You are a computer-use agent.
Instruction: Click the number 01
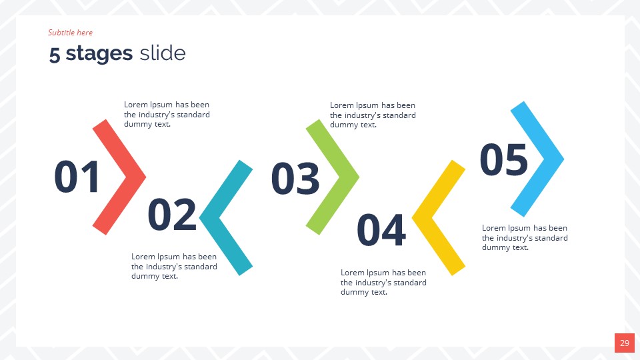coord(77,177)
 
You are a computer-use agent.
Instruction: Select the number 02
coord(172,215)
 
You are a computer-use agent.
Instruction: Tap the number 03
coord(295,179)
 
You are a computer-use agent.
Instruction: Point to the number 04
coord(381,230)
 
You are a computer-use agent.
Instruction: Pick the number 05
coord(504,161)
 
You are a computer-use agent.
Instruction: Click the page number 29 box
coord(624,343)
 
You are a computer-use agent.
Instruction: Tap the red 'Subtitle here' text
coord(70,33)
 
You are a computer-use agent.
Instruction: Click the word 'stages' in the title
coord(99,53)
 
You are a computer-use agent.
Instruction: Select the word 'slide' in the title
coord(163,53)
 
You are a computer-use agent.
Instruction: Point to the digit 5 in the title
coord(55,55)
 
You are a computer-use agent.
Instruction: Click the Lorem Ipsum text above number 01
coord(167,115)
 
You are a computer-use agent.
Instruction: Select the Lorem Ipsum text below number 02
coord(174,266)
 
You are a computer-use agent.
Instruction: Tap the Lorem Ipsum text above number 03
coord(373,115)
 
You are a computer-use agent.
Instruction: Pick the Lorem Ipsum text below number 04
coord(383,282)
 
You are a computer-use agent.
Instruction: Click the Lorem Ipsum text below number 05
coord(525,237)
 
